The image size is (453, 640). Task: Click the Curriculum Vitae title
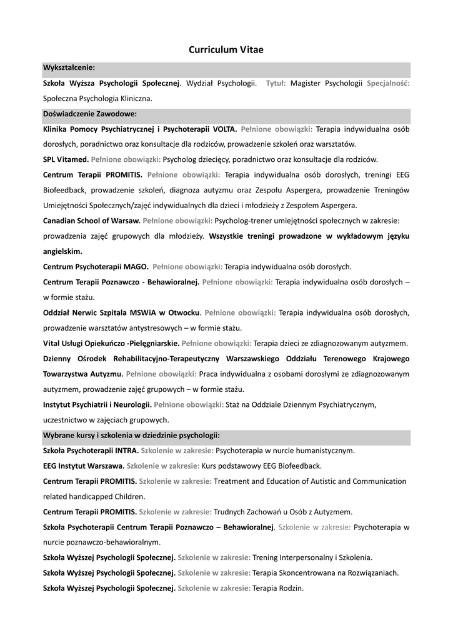pyautogui.click(x=226, y=49)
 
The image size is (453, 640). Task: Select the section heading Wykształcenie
pyautogui.click(x=69, y=67)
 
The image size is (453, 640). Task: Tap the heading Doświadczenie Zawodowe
pyautogui.click(x=89, y=114)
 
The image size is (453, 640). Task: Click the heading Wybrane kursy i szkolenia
pyautogui.click(x=131, y=435)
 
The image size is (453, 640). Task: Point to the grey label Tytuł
pyautogui.click(x=276, y=83)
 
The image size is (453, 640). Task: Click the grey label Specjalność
pyautogui.click(x=388, y=83)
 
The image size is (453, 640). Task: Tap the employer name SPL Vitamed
pyautogui.click(x=66, y=159)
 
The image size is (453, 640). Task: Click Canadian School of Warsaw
pyautogui.click(x=91, y=221)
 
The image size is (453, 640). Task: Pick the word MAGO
pyautogui.click(x=135, y=266)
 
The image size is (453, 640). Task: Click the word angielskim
pyautogui.click(x=62, y=251)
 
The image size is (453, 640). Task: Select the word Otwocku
pyautogui.click(x=184, y=312)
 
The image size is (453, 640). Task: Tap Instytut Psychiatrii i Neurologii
pyautogui.click(x=97, y=405)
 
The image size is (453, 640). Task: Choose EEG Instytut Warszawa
pyautogui.click(x=83, y=466)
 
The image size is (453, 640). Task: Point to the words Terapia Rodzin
pyautogui.click(x=278, y=588)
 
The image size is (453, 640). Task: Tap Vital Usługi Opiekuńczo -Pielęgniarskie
pyautogui.click(x=111, y=343)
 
